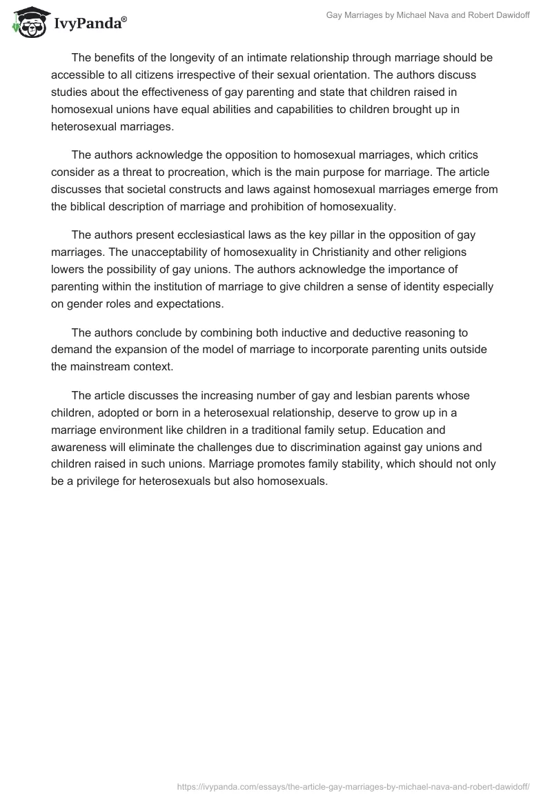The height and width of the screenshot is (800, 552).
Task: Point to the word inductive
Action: point(322,333)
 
